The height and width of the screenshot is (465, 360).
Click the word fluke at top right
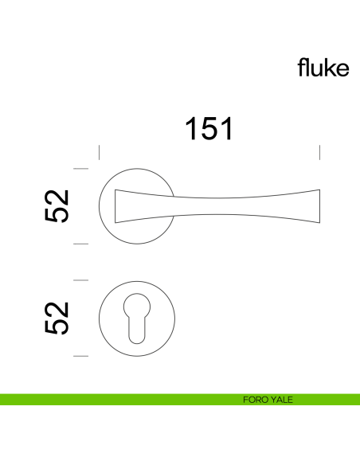click(323, 68)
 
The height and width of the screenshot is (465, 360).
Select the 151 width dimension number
click(209, 129)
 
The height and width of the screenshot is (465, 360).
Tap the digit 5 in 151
click(209, 129)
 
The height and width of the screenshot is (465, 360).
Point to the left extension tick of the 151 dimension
click(98, 152)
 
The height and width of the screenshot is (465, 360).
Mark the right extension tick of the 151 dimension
click(319, 152)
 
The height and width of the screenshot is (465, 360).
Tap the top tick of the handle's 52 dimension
click(80, 168)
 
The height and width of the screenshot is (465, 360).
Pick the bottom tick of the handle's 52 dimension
click(80, 244)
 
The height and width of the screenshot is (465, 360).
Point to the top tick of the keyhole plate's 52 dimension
click(80, 280)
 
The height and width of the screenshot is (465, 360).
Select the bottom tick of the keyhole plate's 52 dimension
click(80, 356)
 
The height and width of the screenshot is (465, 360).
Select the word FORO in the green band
click(255, 400)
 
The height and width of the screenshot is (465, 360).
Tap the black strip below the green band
click(180, 407)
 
